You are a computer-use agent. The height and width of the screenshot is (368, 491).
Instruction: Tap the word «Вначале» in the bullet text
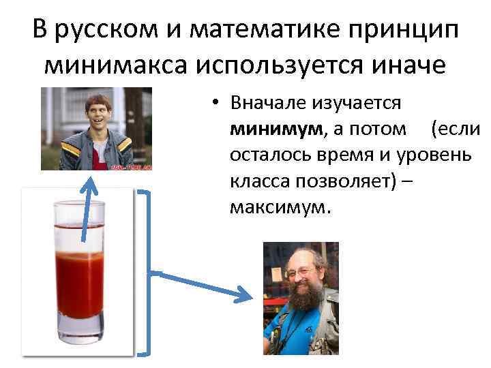(267, 103)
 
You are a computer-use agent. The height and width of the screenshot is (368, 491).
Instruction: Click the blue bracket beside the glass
(145, 273)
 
